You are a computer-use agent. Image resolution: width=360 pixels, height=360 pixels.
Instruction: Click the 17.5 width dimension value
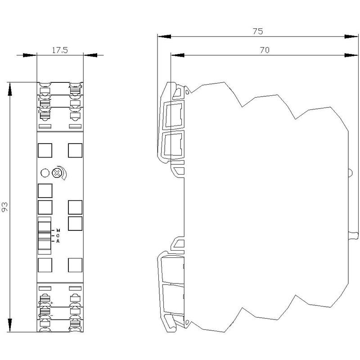(x=60, y=50)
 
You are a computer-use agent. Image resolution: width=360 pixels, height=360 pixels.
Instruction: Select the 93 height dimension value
(x=4, y=207)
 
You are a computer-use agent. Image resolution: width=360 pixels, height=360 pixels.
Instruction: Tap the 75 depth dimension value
(x=257, y=31)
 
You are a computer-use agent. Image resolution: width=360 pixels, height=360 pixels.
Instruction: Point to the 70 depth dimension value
(x=265, y=50)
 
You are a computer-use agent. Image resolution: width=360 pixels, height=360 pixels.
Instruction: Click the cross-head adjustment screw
(x=56, y=173)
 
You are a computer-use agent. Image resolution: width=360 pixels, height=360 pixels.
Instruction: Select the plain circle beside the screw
(x=45, y=173)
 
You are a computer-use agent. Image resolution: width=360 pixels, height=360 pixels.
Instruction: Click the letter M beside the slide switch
(x=58, y=230)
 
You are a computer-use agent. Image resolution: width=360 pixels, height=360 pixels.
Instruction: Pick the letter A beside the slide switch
(x=58, y=241)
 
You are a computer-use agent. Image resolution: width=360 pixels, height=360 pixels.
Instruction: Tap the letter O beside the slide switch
(x=58, y=235)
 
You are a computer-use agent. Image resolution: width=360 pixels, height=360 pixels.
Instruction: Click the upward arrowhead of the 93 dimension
(x=10, y=89)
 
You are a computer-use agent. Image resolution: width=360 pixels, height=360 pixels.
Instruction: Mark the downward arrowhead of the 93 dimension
(x=10, y=325)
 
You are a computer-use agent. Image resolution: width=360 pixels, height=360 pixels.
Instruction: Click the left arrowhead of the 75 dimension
(x=164, y=36)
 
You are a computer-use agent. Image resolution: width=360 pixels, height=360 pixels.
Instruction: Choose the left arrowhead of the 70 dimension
(x=177, y=55)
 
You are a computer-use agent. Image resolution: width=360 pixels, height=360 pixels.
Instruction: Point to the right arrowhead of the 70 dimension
(x=351, y=55)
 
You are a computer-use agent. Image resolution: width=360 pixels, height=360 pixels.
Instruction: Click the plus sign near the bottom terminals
(x=51, y=303)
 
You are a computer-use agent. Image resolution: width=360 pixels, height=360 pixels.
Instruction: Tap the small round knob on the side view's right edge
(x=351, y=173)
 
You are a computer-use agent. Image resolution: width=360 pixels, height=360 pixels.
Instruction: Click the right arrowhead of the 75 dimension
(x=351, y=36)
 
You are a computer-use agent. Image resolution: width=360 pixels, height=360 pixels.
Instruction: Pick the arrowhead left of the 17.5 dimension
(x=30, y=55)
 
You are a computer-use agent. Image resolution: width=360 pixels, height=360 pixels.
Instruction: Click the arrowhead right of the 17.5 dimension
(x=90, y=55)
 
